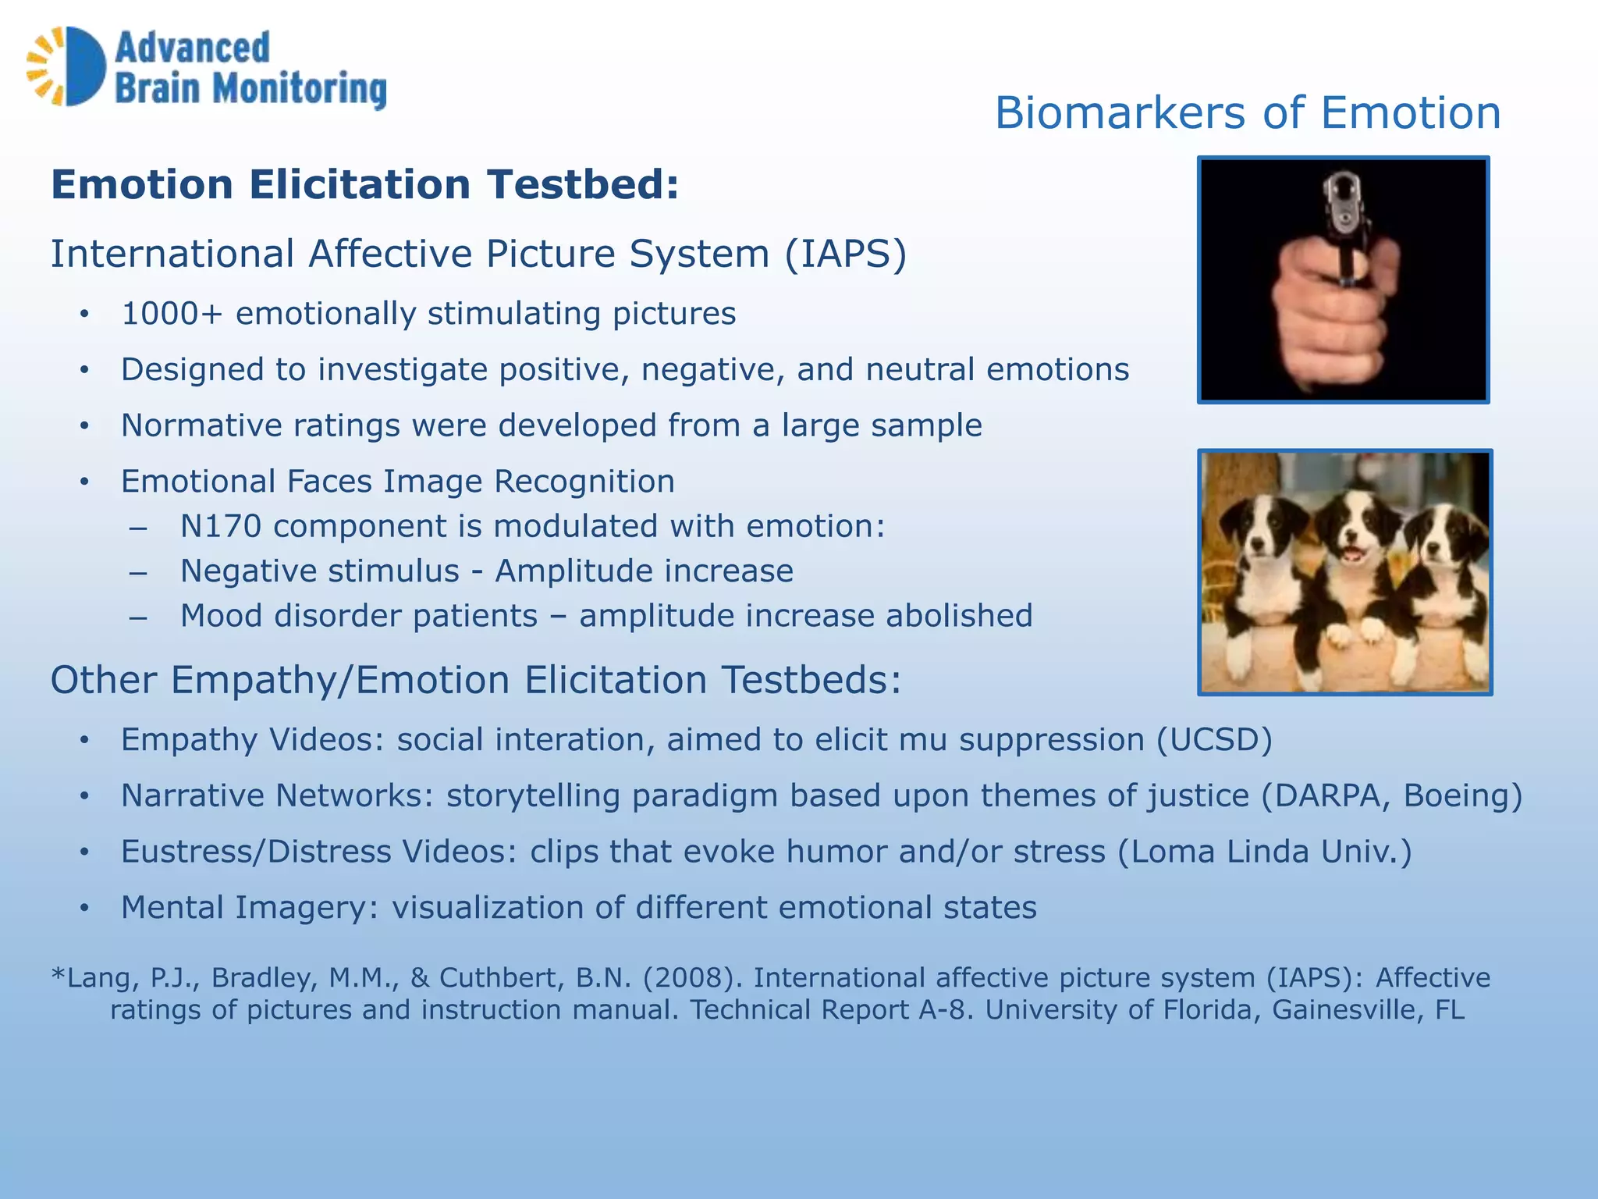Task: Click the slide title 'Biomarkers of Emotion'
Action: coord(1247,113)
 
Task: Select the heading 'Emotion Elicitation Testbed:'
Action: coord(364,185)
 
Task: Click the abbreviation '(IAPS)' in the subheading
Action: coord(845,254)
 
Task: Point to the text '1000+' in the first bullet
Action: coord(172,314)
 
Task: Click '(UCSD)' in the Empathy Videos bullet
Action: coord(1214,740)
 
